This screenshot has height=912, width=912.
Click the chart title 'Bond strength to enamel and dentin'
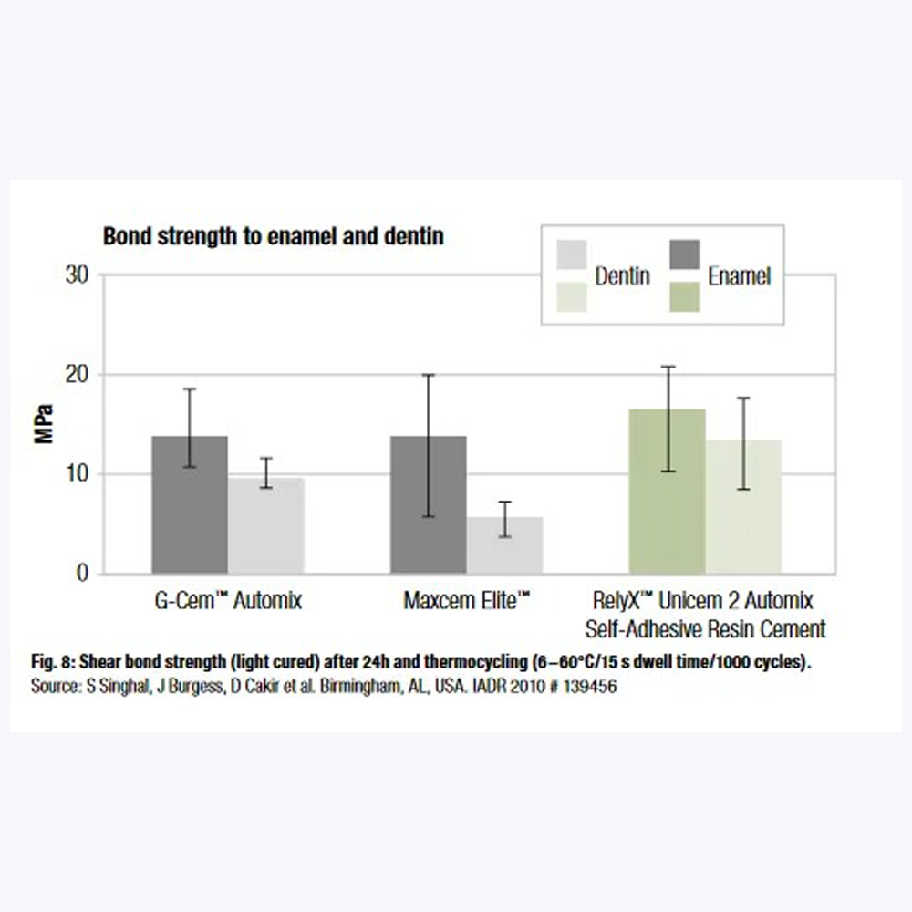click(273, 237)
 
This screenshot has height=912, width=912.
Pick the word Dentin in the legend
click(622, 275)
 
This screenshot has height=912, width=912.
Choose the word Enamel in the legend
click(739, 275)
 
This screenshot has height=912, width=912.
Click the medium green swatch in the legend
click(685, 296)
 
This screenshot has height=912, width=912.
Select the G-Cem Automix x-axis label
click(227, 601)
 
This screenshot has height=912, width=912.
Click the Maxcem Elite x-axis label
click(467, 601)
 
